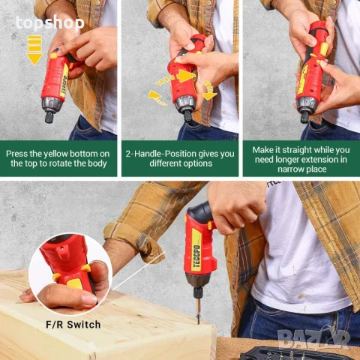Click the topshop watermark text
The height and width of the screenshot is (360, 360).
(x=50, y=23)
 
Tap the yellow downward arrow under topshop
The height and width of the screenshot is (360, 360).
(x=34, y=50)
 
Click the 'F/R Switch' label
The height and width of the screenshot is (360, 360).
(x=73, y=325)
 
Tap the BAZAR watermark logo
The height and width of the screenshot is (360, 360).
(x=314, y=338)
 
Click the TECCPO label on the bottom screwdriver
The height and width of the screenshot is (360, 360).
(x=196, y=253)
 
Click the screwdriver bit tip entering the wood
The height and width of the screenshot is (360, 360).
(x=199, y=320)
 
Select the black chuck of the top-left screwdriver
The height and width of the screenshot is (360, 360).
(x=49, y=117)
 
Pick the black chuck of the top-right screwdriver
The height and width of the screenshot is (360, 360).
(x=304, y=117)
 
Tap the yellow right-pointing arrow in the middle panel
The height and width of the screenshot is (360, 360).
(x=184, y=76)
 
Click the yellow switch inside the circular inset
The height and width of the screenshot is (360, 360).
(x=76, y=283)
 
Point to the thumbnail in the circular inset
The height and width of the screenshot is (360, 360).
(x=89, y=299)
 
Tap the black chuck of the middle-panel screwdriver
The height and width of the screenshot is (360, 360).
(x=187, y=117)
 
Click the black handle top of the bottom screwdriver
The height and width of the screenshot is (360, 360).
(x=198, y=209)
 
